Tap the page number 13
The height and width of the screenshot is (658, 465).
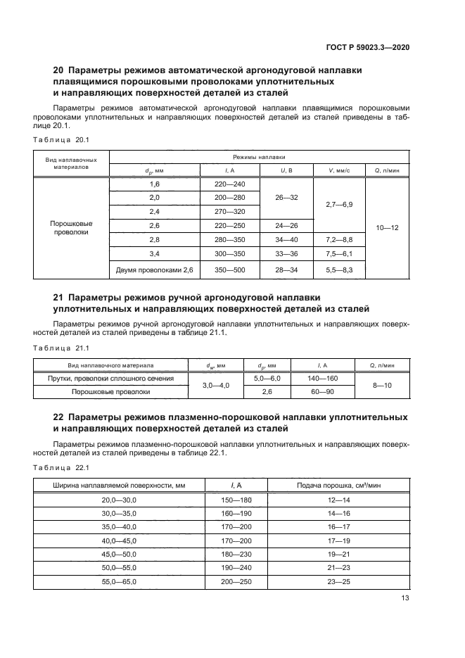(x=405, y=598)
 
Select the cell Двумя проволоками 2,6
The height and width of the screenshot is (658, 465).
(x=154, y=270)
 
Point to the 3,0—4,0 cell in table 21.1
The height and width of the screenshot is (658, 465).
(x=216, y=385)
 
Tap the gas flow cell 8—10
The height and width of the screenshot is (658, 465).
(x=382, y=385)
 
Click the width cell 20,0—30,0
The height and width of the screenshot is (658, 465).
(x=119, y=499)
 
